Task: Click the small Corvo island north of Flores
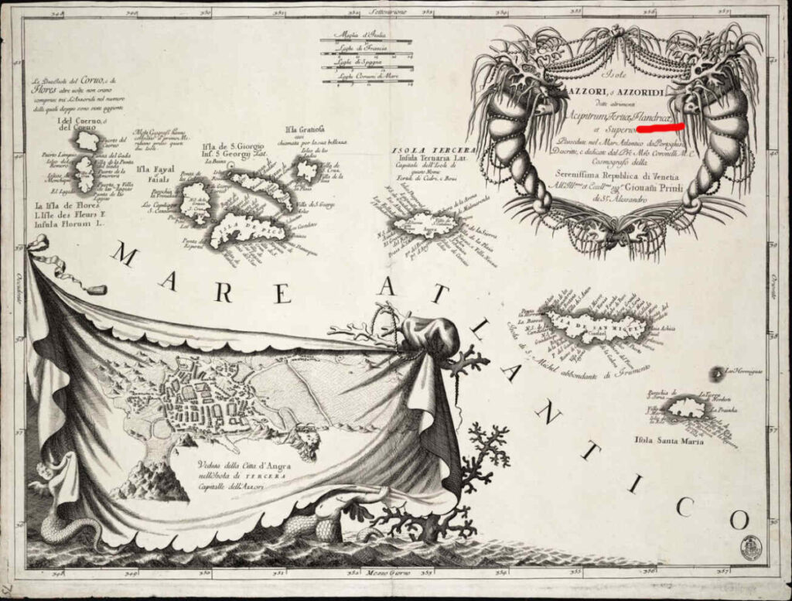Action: point(88,141)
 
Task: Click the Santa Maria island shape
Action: point(687,408)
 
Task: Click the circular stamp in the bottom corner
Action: point(750,547)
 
